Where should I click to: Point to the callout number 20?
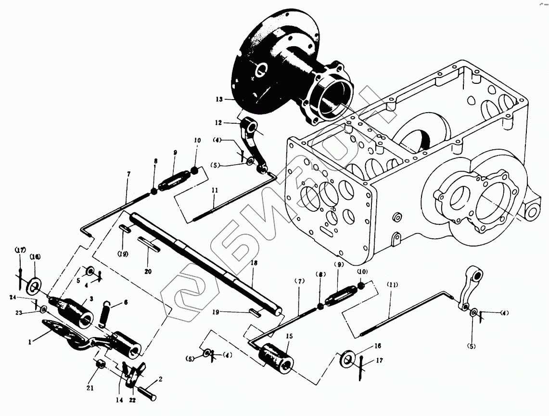[148, 272]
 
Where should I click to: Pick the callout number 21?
[90, 388]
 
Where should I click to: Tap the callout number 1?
[30, 342]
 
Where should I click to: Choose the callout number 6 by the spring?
[126, 302]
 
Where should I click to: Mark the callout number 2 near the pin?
[160, 379]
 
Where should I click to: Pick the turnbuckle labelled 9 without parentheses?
[172, 181]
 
